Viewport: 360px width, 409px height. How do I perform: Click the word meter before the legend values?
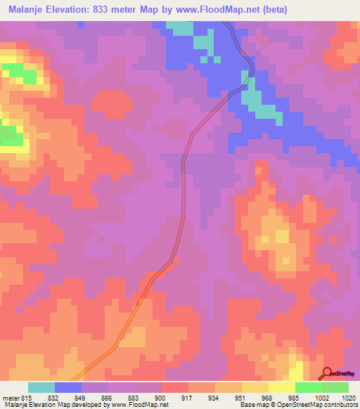(x=11, y=397)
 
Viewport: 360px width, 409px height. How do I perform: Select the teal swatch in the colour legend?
(x=41, y=387)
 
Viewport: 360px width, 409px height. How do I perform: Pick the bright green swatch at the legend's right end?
(x=335, y=387)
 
